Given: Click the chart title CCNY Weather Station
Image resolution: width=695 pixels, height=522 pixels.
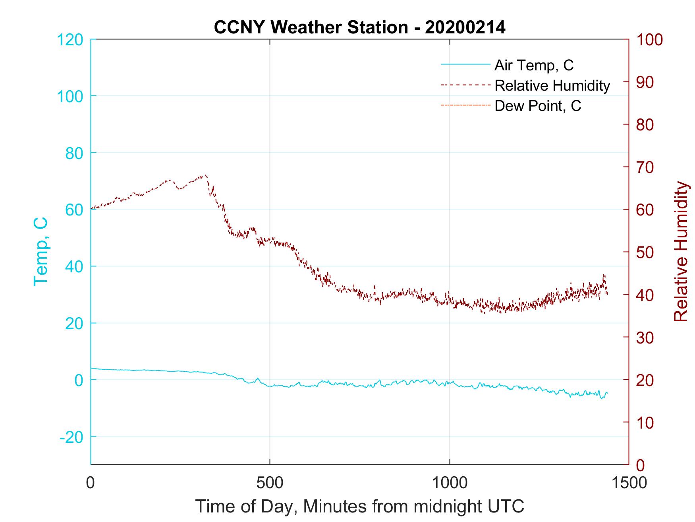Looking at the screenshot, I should click(359, 27).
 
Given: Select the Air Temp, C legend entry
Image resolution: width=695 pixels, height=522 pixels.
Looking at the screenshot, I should click(534, 65).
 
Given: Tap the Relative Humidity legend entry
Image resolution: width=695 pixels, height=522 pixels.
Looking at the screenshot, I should click(552, 85).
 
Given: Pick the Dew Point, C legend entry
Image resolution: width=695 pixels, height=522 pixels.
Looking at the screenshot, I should click(538, 106).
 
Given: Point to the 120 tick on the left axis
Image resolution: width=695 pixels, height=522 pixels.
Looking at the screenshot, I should click(70, 39).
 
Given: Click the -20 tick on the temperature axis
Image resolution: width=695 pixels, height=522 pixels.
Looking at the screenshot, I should click(71, 437).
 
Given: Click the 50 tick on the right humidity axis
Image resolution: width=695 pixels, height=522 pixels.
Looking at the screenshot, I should click(645, 252).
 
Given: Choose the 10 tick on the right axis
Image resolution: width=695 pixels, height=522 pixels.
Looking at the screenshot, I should click(645, 422).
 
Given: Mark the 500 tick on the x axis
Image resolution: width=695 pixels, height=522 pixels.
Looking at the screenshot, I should click(270, 483).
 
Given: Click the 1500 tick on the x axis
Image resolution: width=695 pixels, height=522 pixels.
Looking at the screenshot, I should click(629, 483).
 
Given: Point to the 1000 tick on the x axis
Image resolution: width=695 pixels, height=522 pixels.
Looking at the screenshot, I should click(450, 483).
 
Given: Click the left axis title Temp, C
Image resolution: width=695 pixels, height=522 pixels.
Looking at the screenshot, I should click(41, 251).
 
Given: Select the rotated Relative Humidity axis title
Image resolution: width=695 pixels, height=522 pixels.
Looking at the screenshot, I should click(680, 251).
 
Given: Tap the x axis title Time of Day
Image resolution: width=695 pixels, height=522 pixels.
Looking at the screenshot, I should click(359, 506).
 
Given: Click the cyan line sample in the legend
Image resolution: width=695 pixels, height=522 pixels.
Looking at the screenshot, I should click(465, 65).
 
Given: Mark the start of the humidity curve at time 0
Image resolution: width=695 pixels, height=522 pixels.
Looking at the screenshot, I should click(91, 209).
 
